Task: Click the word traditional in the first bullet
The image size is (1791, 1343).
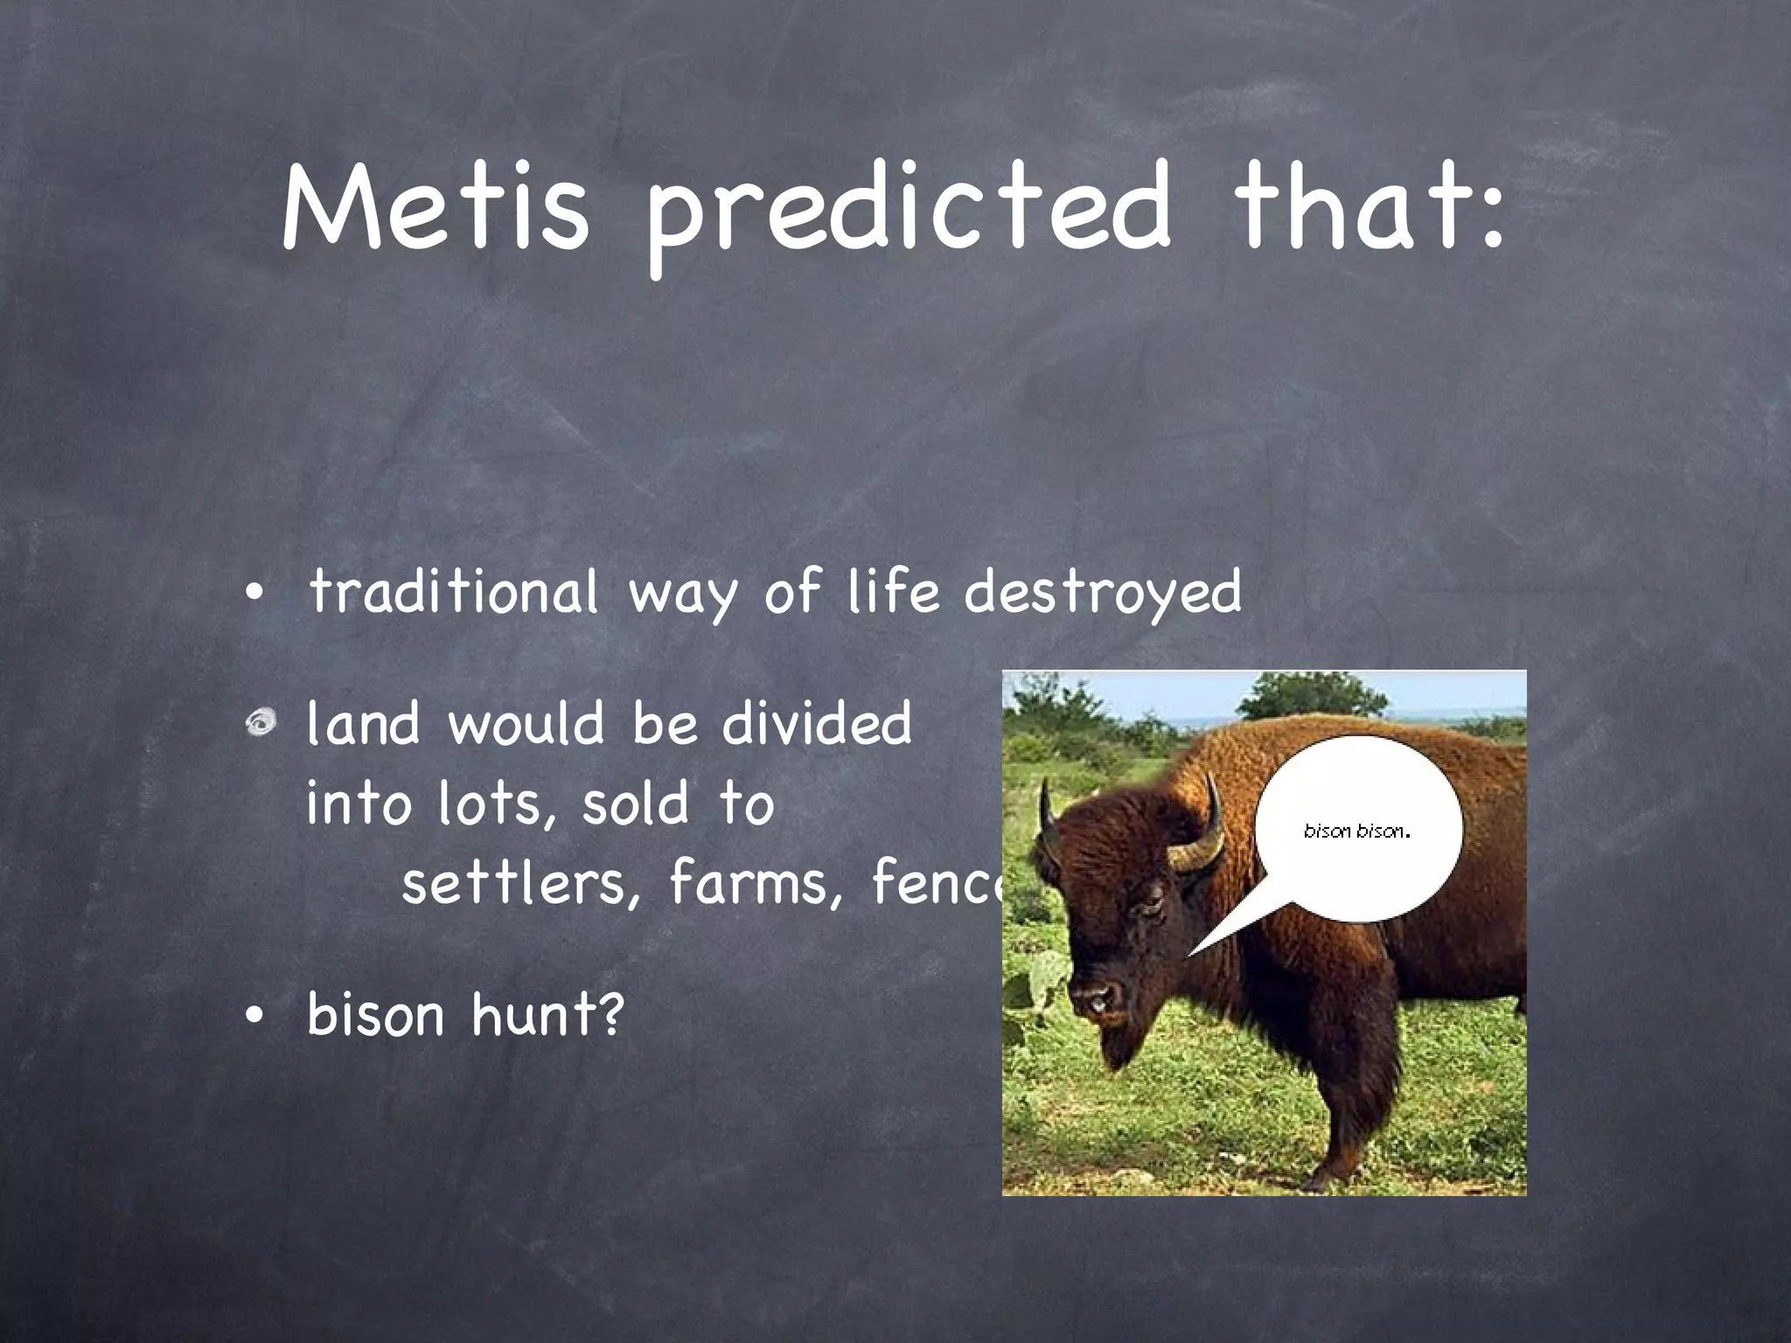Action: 454,591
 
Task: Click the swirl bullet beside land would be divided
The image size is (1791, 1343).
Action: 261,723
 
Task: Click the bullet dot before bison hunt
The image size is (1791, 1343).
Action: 254,1016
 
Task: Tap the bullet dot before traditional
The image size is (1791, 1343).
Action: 254,594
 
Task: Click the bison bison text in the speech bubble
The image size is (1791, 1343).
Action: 1356,831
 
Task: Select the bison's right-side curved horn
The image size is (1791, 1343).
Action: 1206,831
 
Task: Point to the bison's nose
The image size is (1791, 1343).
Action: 1098,996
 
